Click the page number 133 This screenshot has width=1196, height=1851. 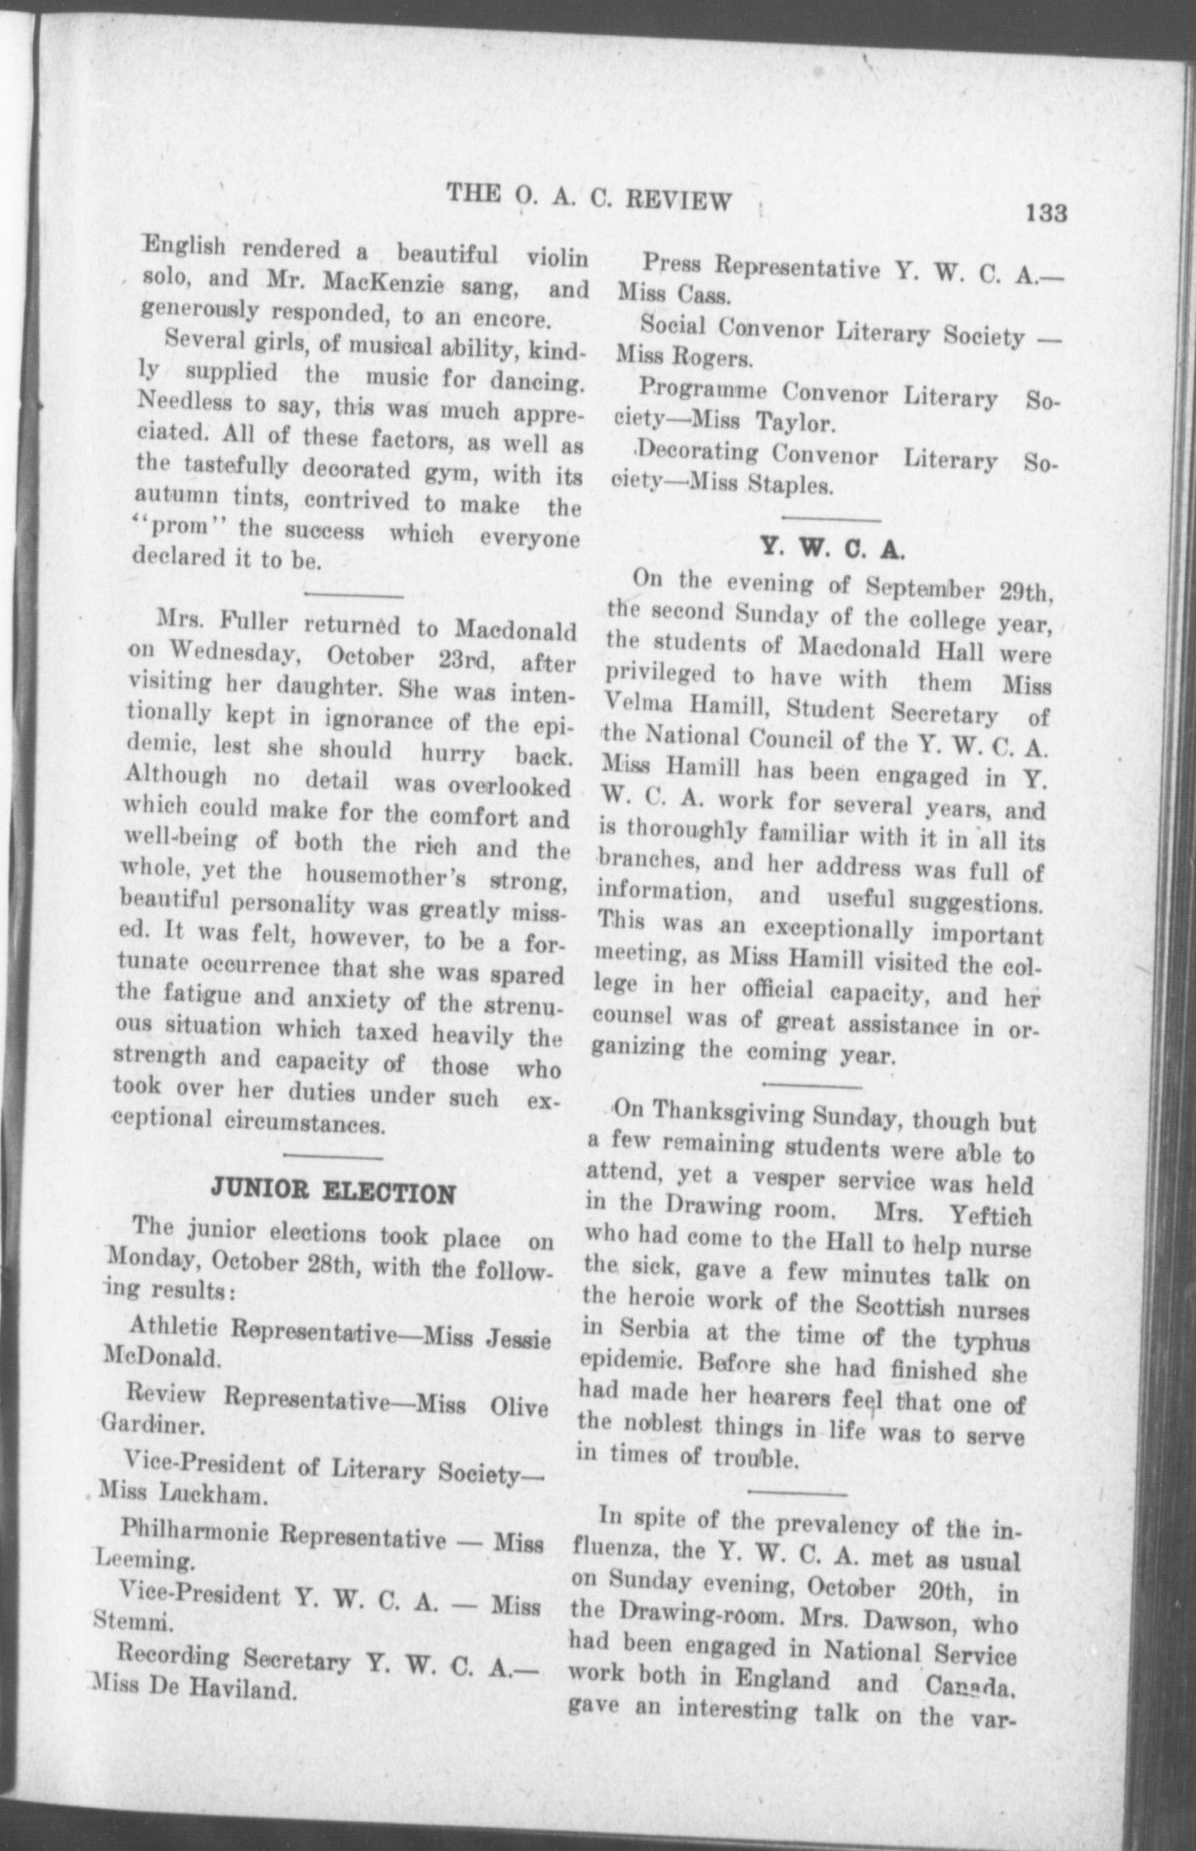pos(1046,212)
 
